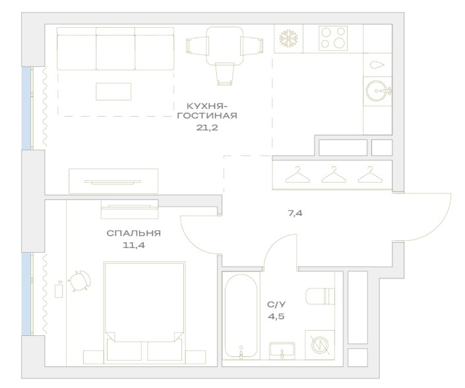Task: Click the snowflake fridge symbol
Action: pyautogui.click(x=288, y=38)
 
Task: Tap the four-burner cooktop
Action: pyautogui.click(x=333, y=38)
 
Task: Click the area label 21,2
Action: pyautogui.click(x=206, y=127)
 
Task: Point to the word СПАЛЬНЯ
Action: pyautogui.click(x=133, y=233)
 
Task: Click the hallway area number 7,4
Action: pyautogui.click(x=295, y=213)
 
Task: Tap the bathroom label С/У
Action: pyautogui.click(x=276, y=304)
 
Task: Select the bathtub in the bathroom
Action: pyautogui.click(x=241, y=315)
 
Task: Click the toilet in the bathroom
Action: pyautogui.click(x=321, y=296)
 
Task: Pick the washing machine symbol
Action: pyautogui.click(x=320, y=345)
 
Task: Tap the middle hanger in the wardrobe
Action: pyautogui.click(x=334, y=174)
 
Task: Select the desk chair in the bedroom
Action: pyautogui.click(x=79, y=280)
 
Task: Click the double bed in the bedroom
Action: pyautogui.click(x=144, y=311)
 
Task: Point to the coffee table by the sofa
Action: pyautogui.click(x=113, y=92)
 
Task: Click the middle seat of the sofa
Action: pyautogui.click(x=115, y=49)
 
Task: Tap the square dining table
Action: pyautogui.click(x=225, y=46)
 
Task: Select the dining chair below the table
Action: pyautogui.click(x=225, y=73)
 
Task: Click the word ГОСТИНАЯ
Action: pyautogui.click(x=207, y=115)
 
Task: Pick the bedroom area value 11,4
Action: pyautogui.click(x=134, y=245)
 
